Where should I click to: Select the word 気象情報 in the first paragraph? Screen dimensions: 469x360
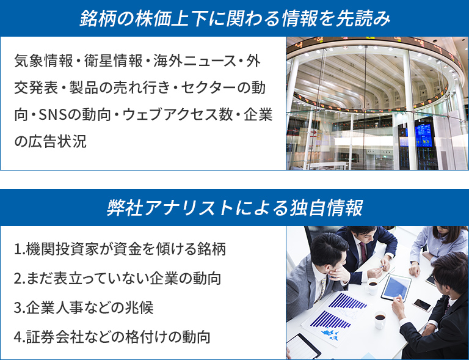[x=44, y=61]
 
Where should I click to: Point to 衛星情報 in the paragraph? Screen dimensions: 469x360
[x=114, y=61]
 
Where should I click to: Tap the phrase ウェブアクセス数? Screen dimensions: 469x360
[x=178, y=115]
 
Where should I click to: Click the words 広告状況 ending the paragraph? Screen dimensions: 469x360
[x=57, y=141]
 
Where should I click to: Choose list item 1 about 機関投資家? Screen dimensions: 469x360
[x=120, y=249]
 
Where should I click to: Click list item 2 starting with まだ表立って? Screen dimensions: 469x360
[x=117, y=278]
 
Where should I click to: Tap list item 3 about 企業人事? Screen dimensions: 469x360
[x=84, y=307]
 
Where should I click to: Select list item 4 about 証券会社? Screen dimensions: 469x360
[x=112, y=337]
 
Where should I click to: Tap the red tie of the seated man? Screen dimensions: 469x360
[x=363, y=252]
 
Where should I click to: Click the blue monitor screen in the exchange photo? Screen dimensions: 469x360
[x=424, y=135]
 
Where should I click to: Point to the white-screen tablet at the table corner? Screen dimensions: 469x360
[x=303, y=347]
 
